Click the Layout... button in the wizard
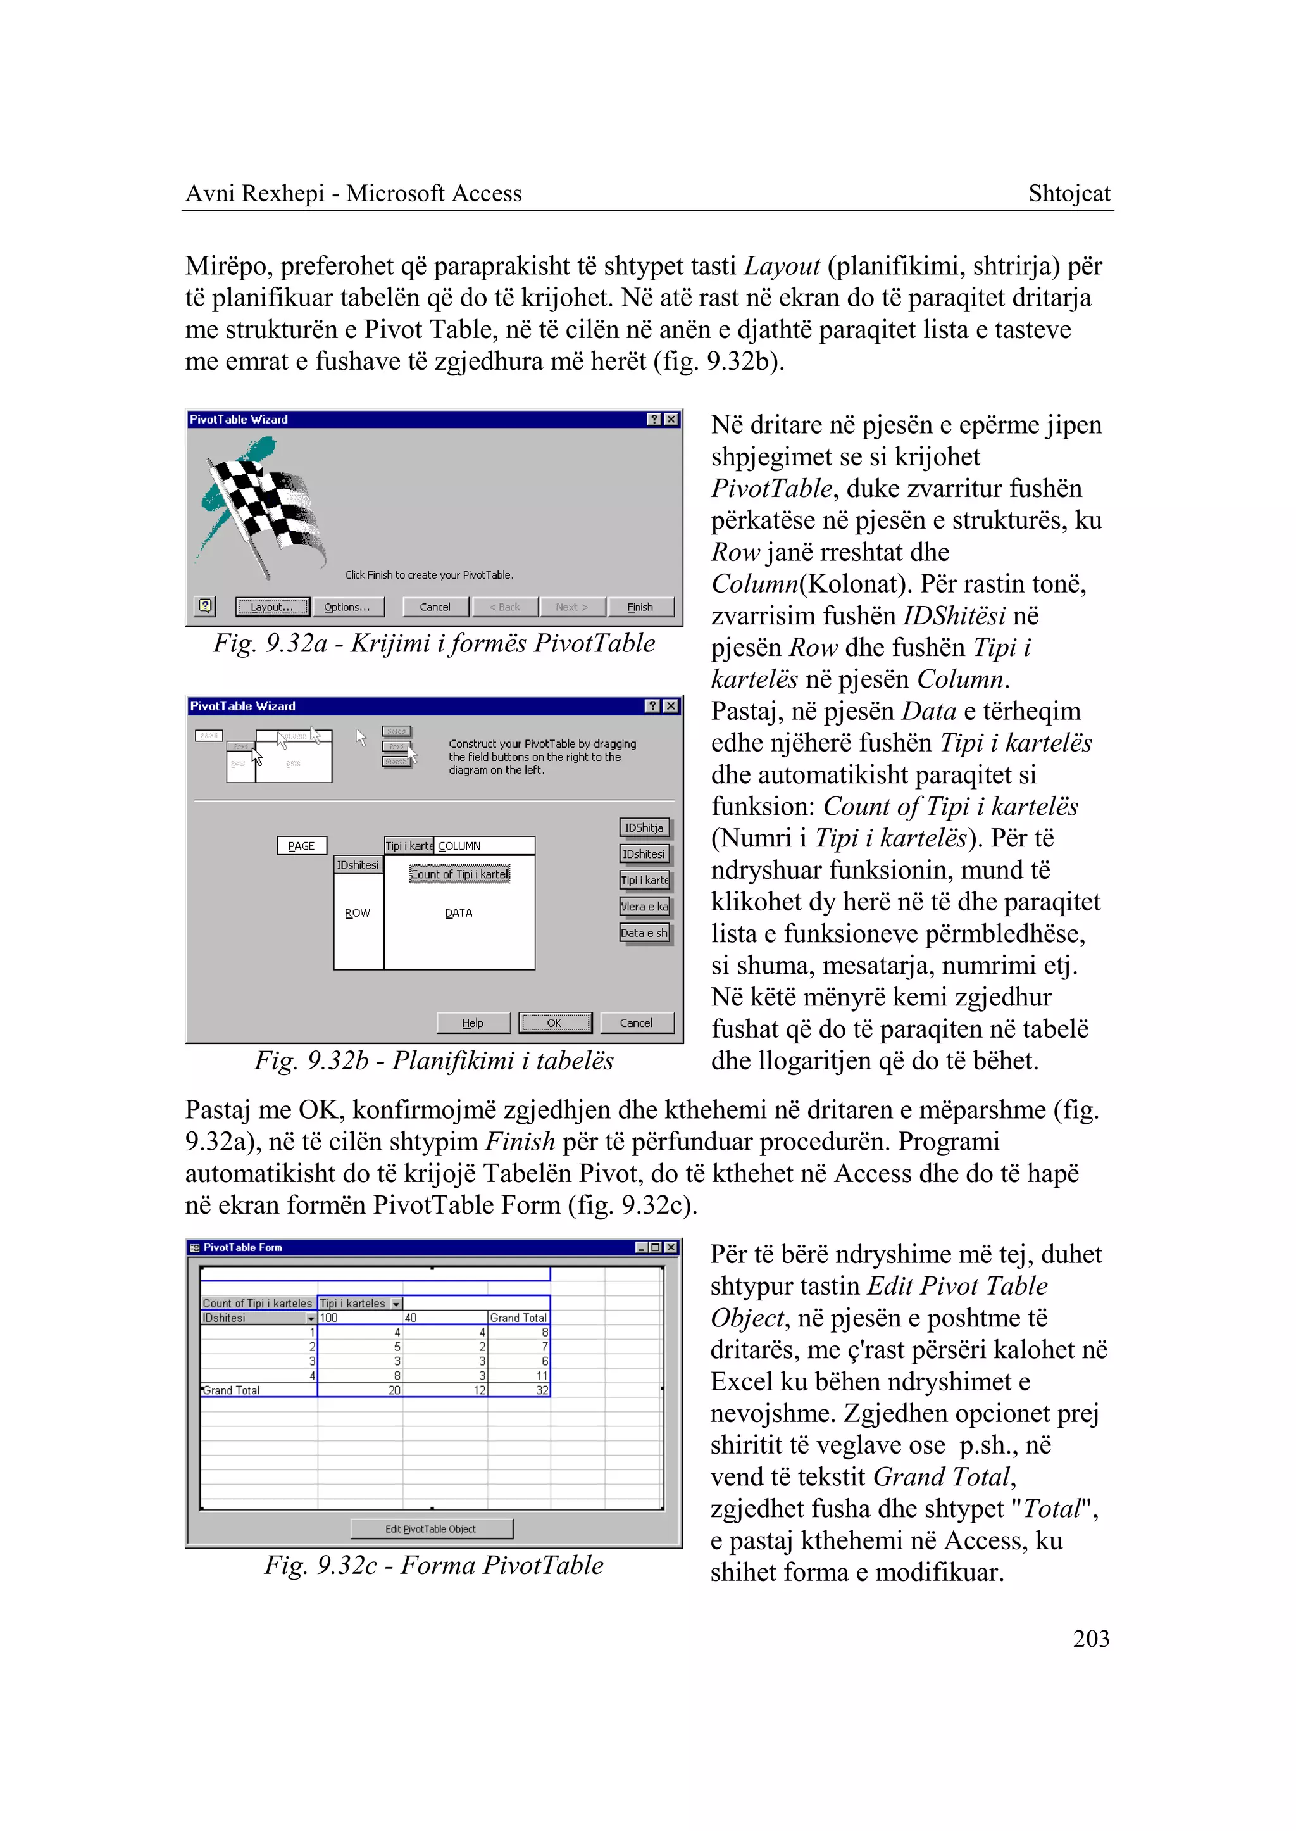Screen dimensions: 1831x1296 (272, 607)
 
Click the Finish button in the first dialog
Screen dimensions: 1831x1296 (640, 607)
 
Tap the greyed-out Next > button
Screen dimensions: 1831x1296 (571, 607)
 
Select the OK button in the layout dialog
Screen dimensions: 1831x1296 (554, 1023)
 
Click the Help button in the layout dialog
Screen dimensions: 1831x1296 (473, 1023)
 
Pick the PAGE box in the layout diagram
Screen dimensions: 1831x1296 (302, 846)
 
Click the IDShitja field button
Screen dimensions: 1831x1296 (644, 828)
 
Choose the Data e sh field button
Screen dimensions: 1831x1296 (645, 933)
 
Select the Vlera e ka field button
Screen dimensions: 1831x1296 (645, 906)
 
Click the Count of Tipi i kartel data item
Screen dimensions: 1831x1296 (459, 874)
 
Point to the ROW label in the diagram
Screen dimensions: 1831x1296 (358, 913)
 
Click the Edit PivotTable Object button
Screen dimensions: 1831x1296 (431, 1529)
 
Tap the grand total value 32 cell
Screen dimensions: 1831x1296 (542, 1390)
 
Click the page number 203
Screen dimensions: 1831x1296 (1091, 1639)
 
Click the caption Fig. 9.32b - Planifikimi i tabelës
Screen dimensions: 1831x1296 (434, 1060)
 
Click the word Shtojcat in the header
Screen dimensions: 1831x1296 (1069, 193)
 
